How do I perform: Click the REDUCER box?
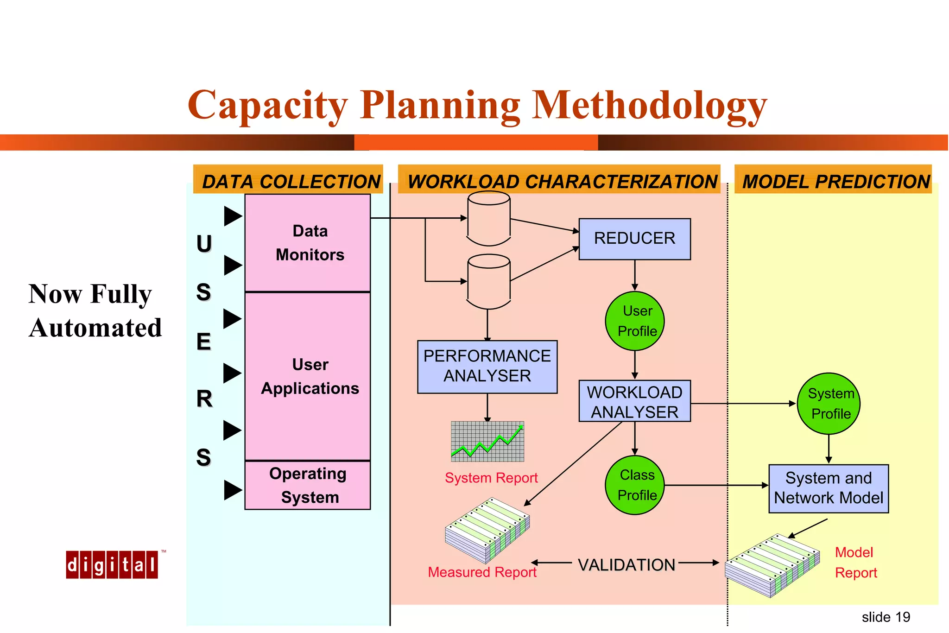point(634,239)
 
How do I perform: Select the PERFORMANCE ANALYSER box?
point(487,367)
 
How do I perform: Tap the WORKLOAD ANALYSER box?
point(634,401)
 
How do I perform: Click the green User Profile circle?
point(635,321)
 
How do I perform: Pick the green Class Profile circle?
point(635,485)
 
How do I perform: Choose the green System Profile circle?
point(829,403)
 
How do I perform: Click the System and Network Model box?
point(829,488)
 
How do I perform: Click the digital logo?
point(112,564)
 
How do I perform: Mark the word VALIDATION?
point(626,565)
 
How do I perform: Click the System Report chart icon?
point(487,441)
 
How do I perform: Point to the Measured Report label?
point(482,572)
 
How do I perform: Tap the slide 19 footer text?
point(886,617)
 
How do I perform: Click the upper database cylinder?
point(489,218)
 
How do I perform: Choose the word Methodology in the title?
point(649,106)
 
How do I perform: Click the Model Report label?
point(855,563)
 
